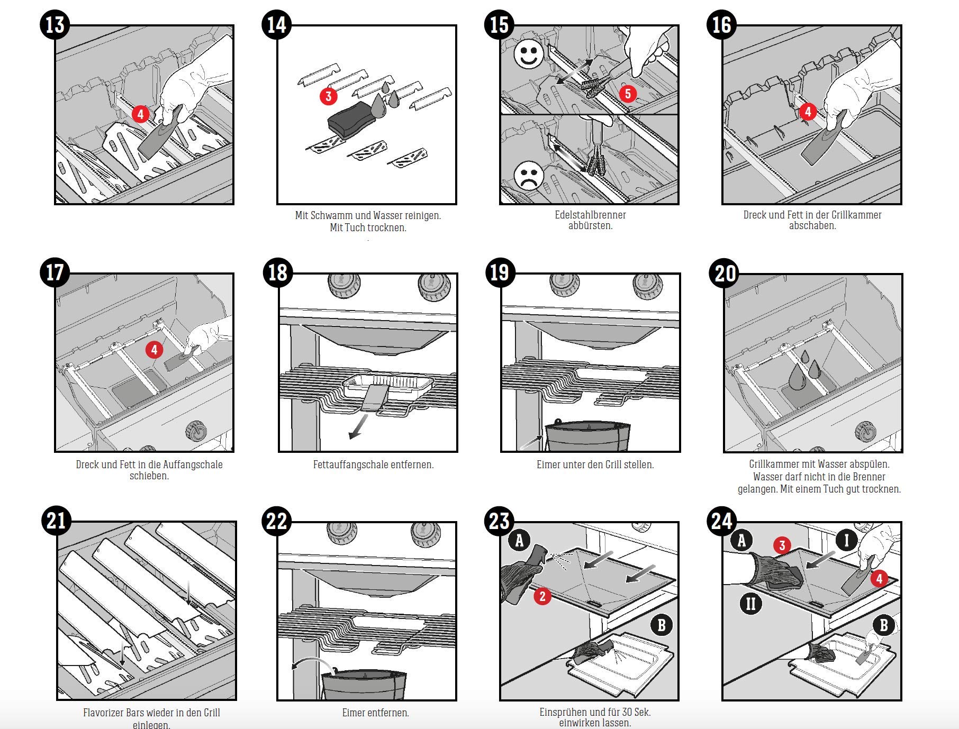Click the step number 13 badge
point(55,24)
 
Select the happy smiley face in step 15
point(529,56)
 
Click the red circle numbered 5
point(628,94)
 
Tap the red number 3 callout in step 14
point(329,96)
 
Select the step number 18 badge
point(277,272)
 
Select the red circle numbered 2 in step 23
point(542,597)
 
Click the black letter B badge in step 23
point(662,625)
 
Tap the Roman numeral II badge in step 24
point(750,603)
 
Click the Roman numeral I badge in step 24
point(847,540)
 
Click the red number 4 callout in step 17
point(154,350)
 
